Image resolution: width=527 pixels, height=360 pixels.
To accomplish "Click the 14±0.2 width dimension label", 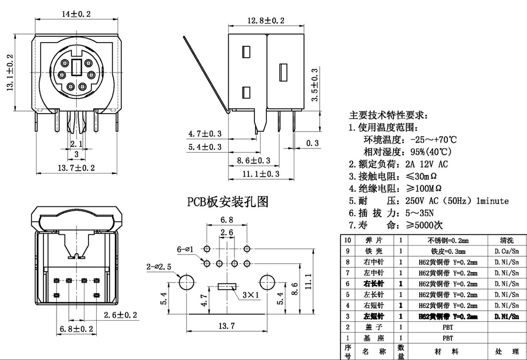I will [77, 14].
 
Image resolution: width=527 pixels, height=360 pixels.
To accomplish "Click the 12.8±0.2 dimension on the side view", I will [266, 21].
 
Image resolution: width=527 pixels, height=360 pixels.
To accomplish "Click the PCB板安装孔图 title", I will [227, 201].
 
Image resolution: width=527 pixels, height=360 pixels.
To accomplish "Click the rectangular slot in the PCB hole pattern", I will [226, 287].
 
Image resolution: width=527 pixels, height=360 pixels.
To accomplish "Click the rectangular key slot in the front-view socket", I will [77, 67].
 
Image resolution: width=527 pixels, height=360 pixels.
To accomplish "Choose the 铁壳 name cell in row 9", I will [372, 251].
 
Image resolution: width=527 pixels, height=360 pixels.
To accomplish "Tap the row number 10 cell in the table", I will [347, 240].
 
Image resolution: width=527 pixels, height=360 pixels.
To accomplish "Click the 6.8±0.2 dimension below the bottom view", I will [76, 328].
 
